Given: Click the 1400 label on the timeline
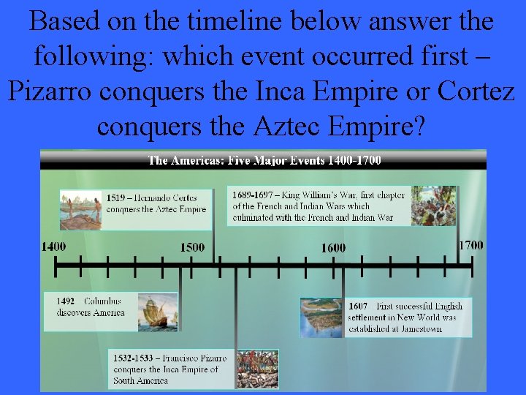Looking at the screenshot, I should point(53,247).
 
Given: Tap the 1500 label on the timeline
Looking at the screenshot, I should point(193,247).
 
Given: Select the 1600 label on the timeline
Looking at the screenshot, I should point(333,248).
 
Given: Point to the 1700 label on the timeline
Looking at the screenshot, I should point(470,245).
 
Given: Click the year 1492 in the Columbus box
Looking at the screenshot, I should point(66,301).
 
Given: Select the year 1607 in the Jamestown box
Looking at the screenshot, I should point(358,306).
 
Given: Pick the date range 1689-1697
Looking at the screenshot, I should point(253,195).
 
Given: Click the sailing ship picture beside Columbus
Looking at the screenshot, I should point(157,312).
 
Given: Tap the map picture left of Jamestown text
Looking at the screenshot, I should point(322,317).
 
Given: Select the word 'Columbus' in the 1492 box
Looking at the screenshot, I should point(102,301).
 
